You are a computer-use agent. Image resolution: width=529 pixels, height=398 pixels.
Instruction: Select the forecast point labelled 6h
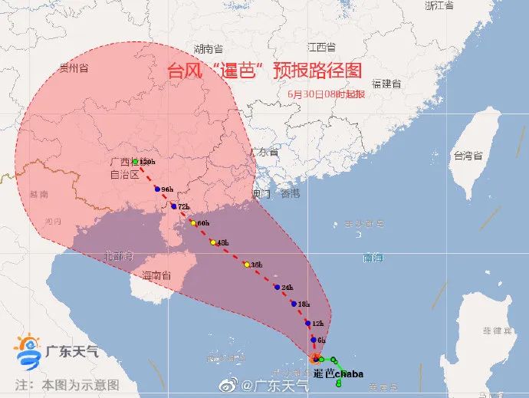314,339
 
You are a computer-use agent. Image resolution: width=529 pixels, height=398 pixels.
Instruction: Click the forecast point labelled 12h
307,323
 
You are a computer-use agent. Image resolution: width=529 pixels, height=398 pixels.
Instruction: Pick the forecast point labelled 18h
294,304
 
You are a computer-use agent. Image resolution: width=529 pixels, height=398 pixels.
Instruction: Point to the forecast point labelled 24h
277,287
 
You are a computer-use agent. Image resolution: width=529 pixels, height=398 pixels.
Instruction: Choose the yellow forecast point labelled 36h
246,265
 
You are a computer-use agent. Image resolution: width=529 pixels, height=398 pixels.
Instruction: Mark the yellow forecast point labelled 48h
213,242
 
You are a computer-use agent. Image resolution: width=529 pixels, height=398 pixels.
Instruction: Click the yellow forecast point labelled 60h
192,222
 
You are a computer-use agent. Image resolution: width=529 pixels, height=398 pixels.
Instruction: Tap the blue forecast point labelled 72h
174,206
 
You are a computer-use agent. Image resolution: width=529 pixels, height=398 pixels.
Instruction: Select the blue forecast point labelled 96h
157,189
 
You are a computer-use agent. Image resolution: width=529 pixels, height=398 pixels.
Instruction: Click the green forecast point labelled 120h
135,162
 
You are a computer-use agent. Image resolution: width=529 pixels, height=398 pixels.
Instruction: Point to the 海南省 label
156,274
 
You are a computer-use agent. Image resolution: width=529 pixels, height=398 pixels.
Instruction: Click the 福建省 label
386,83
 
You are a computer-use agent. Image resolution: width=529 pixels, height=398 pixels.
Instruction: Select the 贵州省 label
74,68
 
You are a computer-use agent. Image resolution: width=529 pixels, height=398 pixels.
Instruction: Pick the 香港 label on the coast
290,193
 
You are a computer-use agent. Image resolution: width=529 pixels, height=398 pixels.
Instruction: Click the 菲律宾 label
497,331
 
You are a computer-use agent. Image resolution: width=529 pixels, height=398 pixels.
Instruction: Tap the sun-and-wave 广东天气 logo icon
29,350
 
